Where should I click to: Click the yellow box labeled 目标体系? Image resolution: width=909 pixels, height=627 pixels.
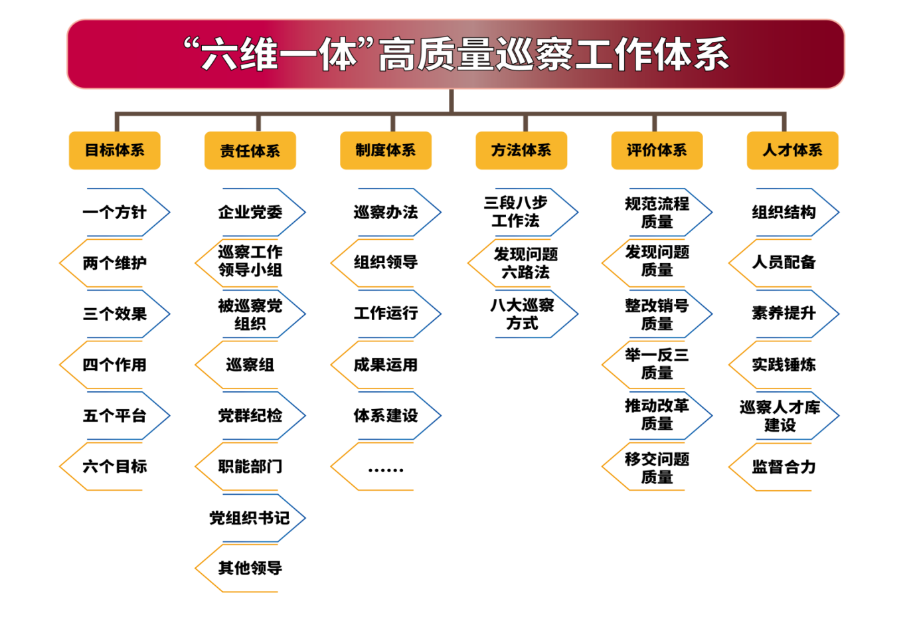114,151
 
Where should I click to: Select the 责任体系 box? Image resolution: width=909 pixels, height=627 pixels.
250,151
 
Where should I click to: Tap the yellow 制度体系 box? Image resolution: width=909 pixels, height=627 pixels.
386,151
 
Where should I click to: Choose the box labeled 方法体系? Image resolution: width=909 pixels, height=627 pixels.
521,151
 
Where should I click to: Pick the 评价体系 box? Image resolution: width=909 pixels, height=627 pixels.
657,151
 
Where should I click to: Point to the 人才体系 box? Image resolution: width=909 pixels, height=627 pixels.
792,151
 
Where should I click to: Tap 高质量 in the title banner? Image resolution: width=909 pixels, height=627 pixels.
436,55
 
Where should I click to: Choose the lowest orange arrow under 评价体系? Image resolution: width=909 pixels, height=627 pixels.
643,467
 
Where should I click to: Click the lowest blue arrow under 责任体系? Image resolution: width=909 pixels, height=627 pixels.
263,518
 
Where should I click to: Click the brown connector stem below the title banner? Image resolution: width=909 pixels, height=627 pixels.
452,101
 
